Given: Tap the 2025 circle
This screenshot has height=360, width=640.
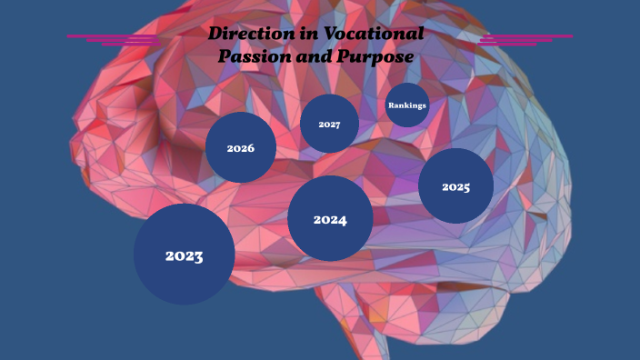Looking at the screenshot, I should point(455,185).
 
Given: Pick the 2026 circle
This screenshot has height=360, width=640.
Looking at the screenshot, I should point(240,147).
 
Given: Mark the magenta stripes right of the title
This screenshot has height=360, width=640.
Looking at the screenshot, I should point(522,39).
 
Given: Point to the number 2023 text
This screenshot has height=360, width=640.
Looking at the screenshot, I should point(184,255).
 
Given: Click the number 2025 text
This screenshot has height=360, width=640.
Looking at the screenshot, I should point(455,187).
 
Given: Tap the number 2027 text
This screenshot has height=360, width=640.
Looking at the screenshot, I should point(329,125).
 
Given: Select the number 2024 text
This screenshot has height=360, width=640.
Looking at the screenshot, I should point(330,220).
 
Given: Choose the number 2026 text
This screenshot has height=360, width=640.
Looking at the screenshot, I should point(240,148).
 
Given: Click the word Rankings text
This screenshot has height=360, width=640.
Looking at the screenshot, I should point(407,105).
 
